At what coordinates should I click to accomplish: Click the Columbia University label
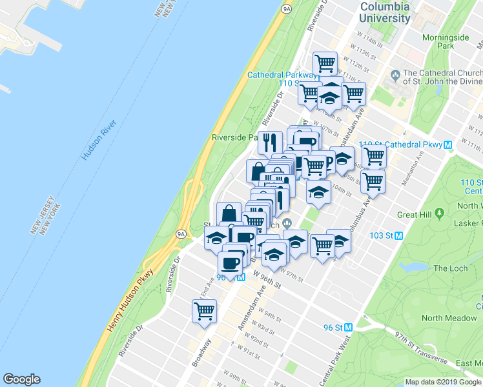point(385,12)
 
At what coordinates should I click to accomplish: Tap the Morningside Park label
point(446,41)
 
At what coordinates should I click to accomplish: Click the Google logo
point(21,379)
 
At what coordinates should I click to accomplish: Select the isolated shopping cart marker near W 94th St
point(204,312)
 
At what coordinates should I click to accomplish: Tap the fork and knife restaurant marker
point(269,141)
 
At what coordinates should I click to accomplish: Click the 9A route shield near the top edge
point(286,8)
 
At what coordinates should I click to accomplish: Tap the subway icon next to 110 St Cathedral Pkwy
point(447,144)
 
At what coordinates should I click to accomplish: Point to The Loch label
point(449,268)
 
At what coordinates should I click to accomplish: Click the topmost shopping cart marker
point(325,63)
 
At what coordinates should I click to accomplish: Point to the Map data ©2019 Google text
point(442,382)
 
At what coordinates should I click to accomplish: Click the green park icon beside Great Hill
point(439,213)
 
